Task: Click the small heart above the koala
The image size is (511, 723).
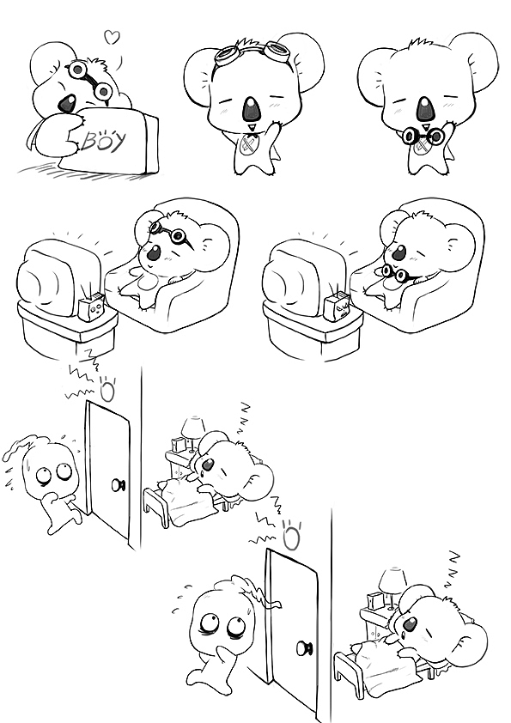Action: point(112,37)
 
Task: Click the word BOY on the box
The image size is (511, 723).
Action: point(104,141)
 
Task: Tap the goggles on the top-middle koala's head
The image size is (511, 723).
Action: point(253,52)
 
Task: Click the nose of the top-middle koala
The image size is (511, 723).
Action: point(251,109)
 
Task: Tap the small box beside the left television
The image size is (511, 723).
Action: point(91,307)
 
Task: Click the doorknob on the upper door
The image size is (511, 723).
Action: point(117,484)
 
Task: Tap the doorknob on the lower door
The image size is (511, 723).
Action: point(304,647)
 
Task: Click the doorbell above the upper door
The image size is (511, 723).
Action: point(107,391)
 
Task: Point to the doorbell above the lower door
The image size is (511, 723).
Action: point(291,538)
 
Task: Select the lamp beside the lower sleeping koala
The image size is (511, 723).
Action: point(392,584)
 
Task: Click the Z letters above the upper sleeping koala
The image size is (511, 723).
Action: point(244,418)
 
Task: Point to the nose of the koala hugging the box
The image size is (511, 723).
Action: point(68,103)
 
